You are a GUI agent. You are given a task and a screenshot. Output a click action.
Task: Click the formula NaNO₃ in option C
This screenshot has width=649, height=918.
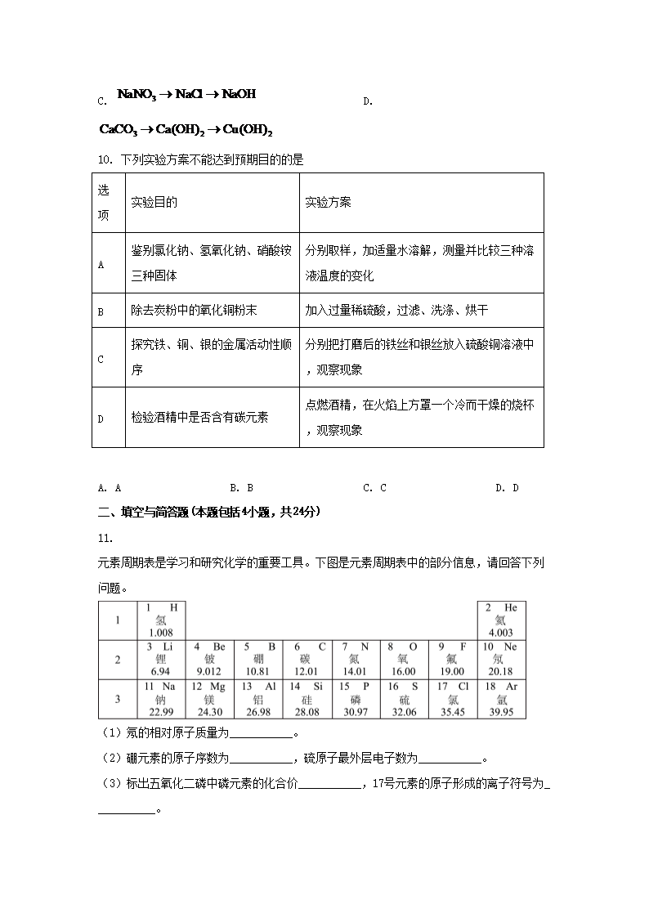coord(137,95)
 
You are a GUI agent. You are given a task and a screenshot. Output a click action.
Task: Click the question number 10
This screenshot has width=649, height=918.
coord(104,159)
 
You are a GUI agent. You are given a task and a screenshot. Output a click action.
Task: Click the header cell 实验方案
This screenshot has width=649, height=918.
coord(328,202)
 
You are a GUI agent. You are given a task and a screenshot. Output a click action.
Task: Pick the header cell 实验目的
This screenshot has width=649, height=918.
coord(154,202)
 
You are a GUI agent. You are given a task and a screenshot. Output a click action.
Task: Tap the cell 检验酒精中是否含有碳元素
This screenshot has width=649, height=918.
coord(199,418)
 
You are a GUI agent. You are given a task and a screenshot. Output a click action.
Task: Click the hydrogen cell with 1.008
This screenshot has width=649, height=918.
coord(161,620)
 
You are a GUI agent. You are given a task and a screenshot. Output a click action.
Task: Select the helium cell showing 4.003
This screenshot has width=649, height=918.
coord(500,620)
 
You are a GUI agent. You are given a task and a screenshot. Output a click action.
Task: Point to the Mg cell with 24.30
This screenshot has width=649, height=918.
coord(208,699)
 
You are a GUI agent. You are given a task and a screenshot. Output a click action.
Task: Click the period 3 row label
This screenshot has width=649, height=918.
coord(118,699)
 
